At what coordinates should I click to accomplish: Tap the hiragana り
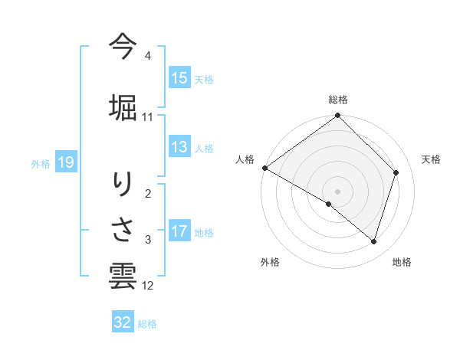click(x=123, y=185)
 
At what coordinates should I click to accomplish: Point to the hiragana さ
click(x=123, y=229)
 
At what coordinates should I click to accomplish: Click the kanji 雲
click(x=123, y=275)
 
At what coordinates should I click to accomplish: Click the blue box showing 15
click(x=179, y=78)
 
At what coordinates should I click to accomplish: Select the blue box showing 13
click(x=179, y=147)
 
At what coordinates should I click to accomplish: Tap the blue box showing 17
click(x=179, y=232)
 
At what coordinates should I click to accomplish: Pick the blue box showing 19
click(x=65, y=162)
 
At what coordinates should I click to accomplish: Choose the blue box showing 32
click(x=123, y=322)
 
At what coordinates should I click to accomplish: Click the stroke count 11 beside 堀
click(x=148, y=117)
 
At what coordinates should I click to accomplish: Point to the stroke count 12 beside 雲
click(x=148, y=286)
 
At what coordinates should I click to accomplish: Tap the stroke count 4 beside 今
click(x=148, y=56)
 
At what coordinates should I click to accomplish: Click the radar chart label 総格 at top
click(x=338, y=100)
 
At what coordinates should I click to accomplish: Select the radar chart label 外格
click(x=270, y=262)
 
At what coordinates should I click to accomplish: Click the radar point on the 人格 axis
click(x=264, y=168)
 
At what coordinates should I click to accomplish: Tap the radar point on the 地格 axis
click(x=373, y=242)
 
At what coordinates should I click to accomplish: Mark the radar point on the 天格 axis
click(x=396, y=172)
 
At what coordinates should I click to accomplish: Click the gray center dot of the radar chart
click(x=337, y=191)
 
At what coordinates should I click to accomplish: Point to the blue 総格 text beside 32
click(x=147, y=324)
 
